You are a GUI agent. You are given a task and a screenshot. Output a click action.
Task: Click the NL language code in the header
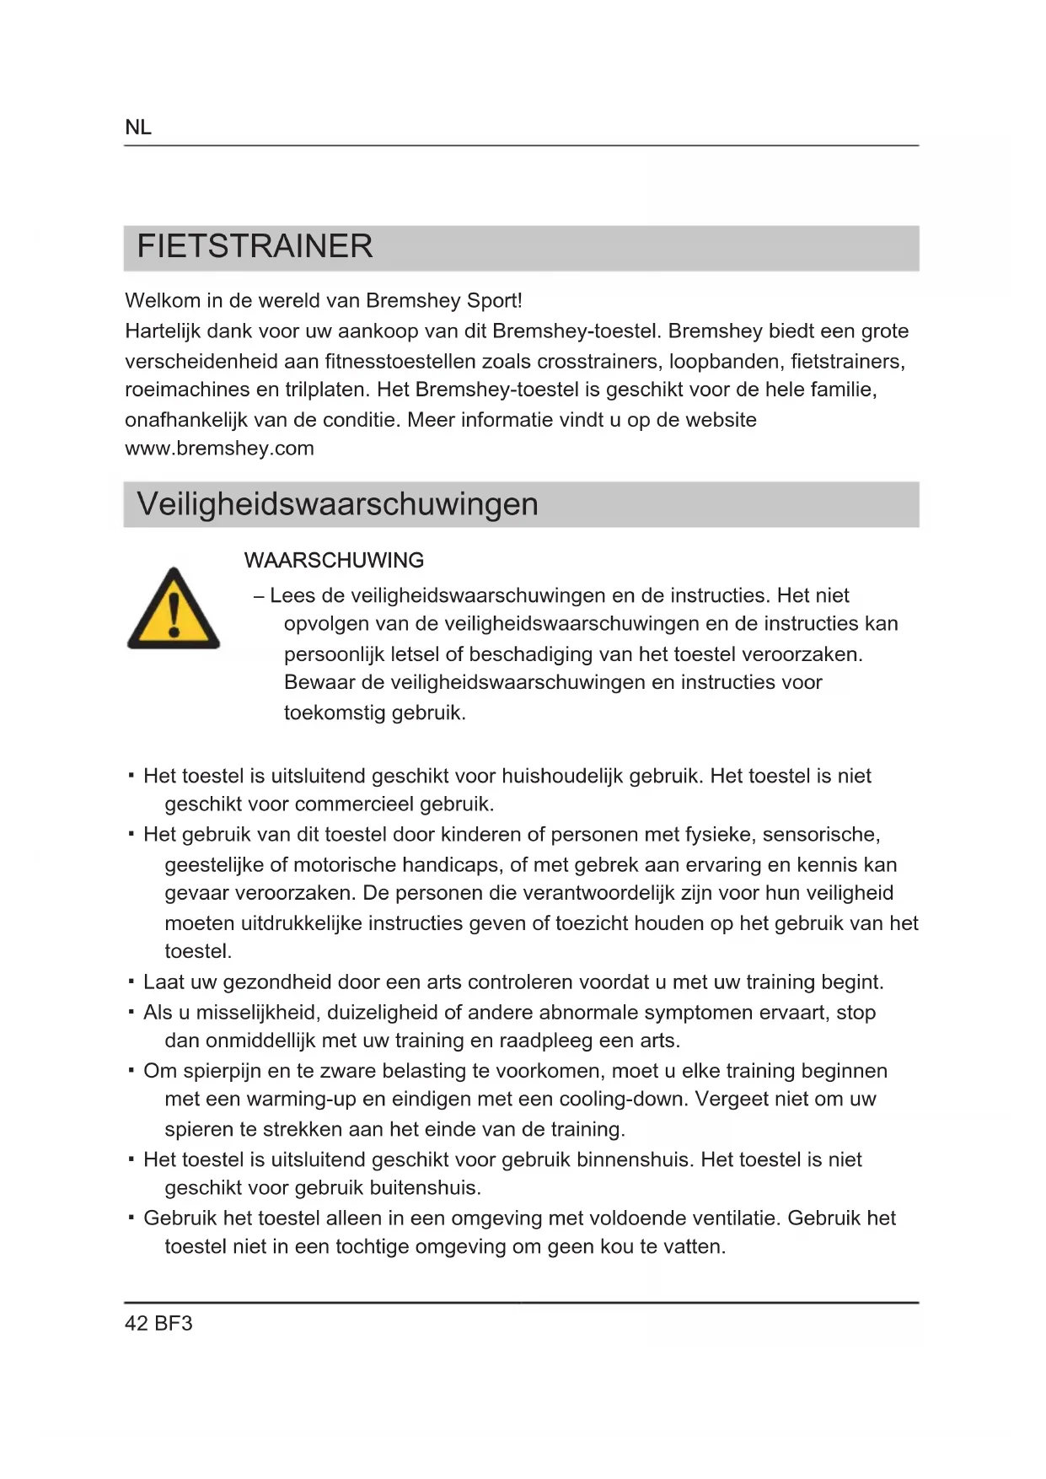pos(138,127)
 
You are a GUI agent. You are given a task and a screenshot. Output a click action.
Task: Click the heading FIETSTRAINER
pos(255,246)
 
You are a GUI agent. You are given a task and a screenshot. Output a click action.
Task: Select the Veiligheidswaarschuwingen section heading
pos(337,504)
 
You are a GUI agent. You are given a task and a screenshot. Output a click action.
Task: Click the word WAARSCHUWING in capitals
pos(334,561)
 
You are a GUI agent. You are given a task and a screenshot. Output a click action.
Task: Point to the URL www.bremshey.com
pos(219,449)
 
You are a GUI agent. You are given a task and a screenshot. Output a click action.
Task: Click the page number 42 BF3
pos(158,1323)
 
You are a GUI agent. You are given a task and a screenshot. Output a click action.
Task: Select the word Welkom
pos(162,301)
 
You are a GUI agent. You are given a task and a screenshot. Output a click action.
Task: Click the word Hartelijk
pos(163,331)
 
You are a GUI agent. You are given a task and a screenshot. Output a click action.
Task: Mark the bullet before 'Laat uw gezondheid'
pos(131,982)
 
